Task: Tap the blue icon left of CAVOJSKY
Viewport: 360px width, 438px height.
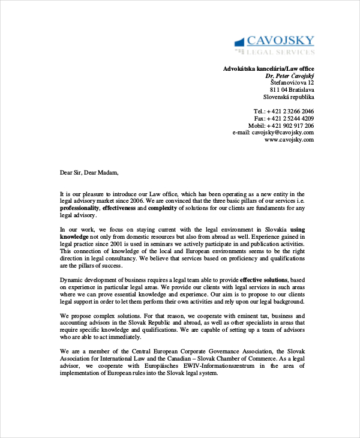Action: click(x=239, y=41)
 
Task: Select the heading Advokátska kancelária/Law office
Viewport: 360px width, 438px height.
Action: click(x=268, y=68)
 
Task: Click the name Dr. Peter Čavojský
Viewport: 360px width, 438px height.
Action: click(x=289, y=77)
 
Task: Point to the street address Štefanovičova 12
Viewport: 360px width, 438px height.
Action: click(x=292, y=83)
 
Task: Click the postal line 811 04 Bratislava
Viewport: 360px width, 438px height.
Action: click(x=292, y=90)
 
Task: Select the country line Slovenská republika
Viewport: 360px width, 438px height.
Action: click(x=288, y=97)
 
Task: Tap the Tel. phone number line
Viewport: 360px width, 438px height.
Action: click(x=283, y=112)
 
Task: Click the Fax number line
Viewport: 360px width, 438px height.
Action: click(x=284, y=119)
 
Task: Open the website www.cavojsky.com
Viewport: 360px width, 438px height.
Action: click(x=289, y=140)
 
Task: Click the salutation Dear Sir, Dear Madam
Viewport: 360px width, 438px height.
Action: click(x=89, y=173)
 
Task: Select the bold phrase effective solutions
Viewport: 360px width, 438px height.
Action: click(x=264, y=280)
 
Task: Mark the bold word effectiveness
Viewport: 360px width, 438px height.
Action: click(x=119, y=208)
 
